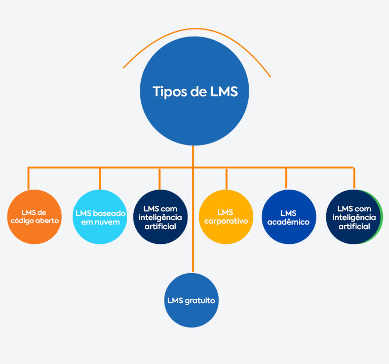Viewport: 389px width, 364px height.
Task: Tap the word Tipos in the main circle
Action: pyautogui.click(x=168, y=92)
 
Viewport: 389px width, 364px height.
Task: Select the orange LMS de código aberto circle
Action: pyautogui.click(x=34, y=216)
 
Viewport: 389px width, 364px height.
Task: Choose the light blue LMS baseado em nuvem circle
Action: pyautogui.click(x=100, y=216)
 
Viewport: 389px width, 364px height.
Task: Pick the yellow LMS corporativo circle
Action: pyautogui.click(x=225, y=216)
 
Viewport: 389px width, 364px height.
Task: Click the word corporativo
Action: pyautogui.click(x=225, y=221)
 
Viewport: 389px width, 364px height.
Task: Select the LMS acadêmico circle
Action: pyautogui.click(x=289, y=216)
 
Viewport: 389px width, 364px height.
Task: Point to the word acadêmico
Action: pyautogui.click(x=288, y=222)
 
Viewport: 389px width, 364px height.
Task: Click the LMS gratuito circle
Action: pyautogui.click(x=191, y=300)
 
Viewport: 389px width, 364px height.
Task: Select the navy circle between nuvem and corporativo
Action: pyautogui.click(x=160, y=216)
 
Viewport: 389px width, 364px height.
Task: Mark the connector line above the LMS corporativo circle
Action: pyautogui.click(x=226, y=178)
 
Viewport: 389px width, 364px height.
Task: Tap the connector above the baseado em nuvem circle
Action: pyautogui.click(x=100, y=178)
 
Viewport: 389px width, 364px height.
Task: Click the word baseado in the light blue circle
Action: pyautogui.click(x=109, y=213)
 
